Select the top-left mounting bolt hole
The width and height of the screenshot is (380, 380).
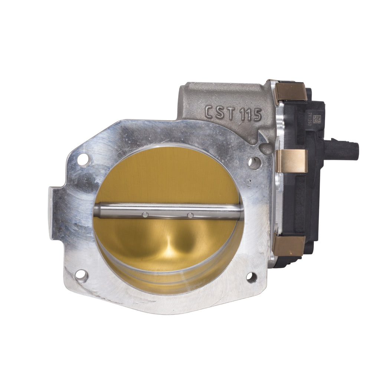pos(83,159)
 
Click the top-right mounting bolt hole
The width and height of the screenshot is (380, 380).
pos(254,162)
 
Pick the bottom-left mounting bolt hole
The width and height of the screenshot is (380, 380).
pos(81,275)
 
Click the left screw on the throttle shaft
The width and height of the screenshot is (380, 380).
pos(145,214)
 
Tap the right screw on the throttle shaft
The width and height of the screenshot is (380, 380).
pos(190,215)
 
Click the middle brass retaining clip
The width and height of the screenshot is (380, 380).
pos(291,161)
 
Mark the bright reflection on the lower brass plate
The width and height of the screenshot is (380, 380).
pos(171,251)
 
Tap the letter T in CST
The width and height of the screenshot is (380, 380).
pos(230,113)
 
